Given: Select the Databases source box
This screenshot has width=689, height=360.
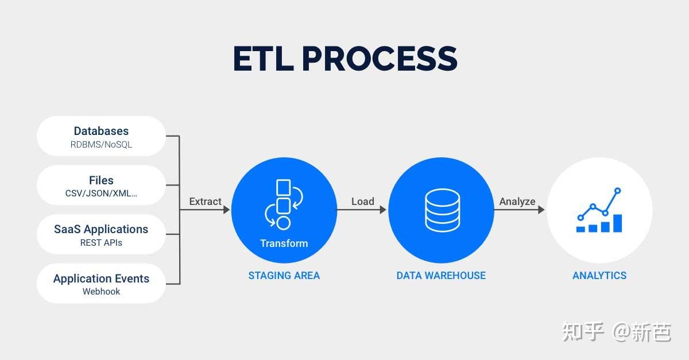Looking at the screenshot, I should [101, 137].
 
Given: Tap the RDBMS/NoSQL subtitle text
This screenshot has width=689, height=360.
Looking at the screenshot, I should [101, 145].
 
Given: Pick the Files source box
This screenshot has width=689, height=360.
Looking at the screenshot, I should [101, 185].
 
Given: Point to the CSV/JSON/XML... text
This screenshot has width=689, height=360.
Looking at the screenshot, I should [101, 193].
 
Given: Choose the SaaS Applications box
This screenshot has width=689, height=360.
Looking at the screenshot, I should [101, 235].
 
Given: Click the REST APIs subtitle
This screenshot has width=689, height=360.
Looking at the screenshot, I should [101, 243].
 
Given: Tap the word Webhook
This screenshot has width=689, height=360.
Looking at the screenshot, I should [101, 292].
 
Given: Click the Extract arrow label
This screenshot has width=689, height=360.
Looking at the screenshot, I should [205, 202].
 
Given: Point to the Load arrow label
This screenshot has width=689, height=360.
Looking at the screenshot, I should [362, 202].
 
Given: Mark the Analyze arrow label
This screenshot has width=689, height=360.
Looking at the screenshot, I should [517, 202].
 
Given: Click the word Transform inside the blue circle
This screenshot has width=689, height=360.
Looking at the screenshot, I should [284, 243].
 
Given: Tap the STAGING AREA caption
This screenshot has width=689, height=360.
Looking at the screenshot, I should [284, 276].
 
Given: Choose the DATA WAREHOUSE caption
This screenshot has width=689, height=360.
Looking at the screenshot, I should [441, 276].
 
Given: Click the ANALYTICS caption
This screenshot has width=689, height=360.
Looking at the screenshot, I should [599, 276].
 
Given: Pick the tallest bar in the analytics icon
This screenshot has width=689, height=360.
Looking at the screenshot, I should [617, 223].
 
